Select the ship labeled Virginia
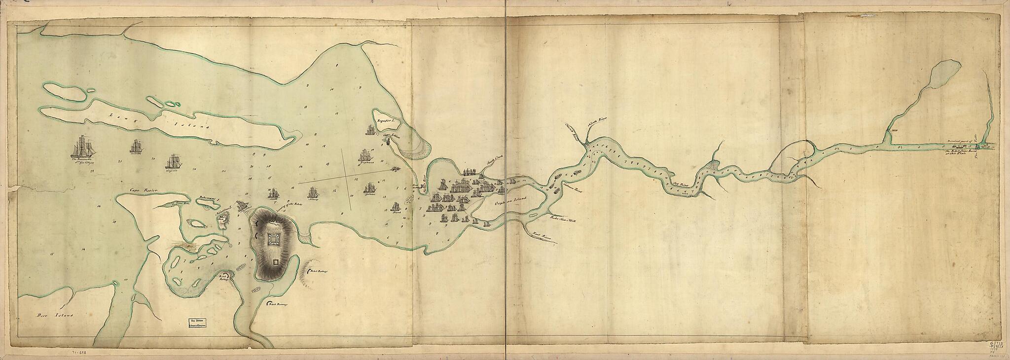click(173, 162)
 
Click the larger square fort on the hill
click(274, 240)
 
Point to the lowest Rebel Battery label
click(277, 305)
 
